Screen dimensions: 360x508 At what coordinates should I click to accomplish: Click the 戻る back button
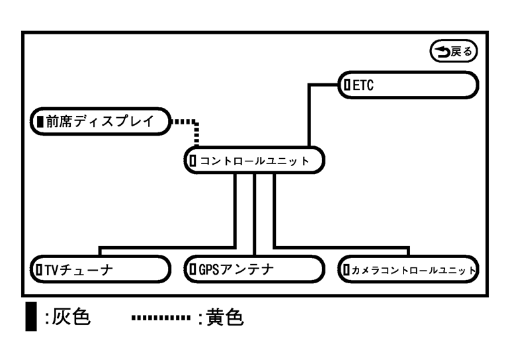(453, 50)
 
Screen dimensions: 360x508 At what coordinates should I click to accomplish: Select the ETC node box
(409, 84)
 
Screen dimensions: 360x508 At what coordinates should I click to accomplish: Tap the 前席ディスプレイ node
(99, 121)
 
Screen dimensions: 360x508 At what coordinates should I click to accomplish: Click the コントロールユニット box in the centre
(254, 160)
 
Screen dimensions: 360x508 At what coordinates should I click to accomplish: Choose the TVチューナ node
(99, 269)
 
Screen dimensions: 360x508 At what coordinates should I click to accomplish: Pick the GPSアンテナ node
(254, 269)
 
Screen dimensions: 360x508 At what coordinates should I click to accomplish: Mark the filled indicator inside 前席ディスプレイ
(40, 121)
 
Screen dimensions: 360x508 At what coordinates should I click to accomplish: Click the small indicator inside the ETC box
(347, 84)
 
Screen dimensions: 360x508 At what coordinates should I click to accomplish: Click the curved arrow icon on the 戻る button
(440, 50)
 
